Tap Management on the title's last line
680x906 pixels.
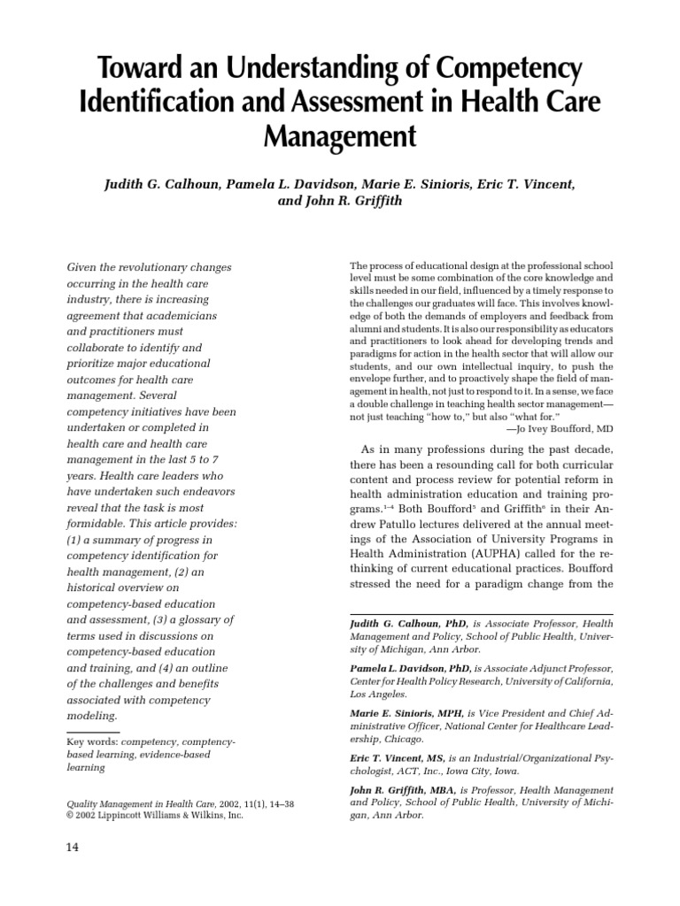339,136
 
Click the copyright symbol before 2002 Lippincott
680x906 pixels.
71,815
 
